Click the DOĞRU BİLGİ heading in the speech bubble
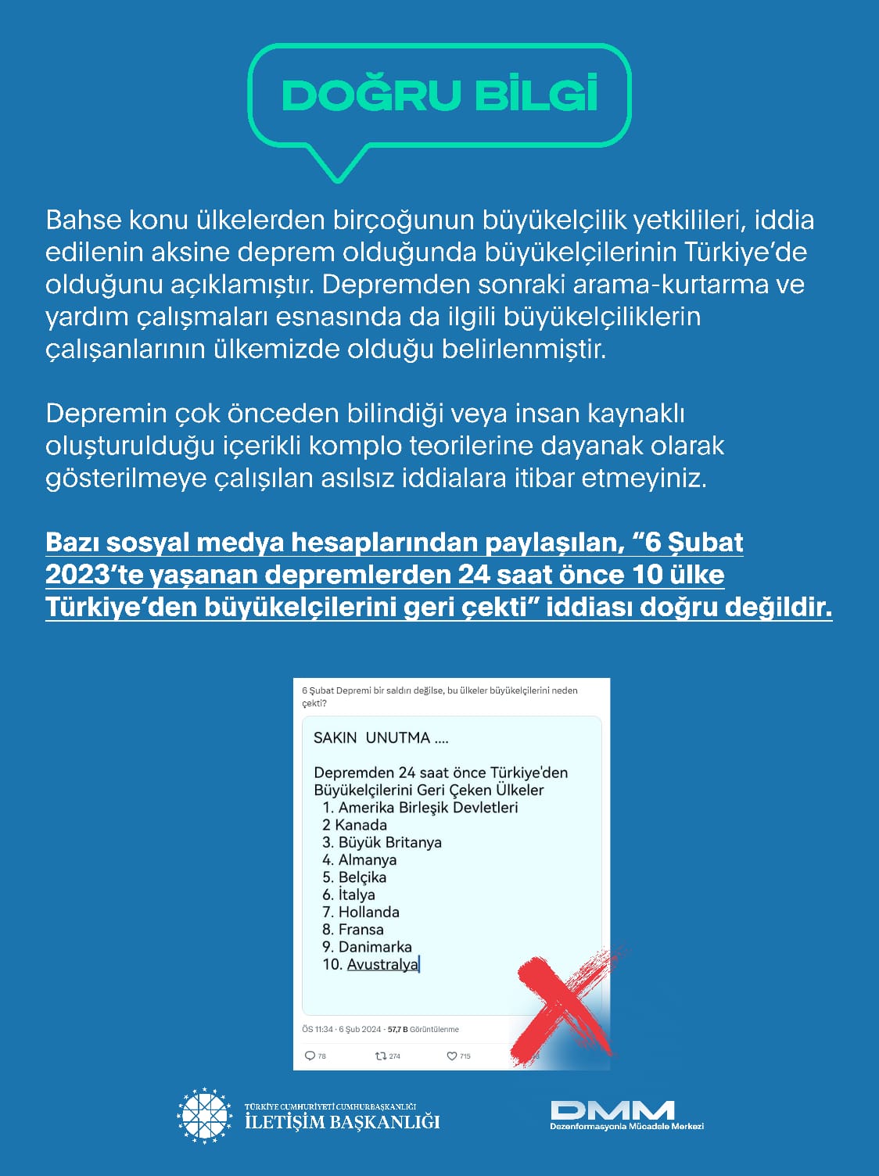[x=439, y=95]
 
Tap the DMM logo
[x=612, y=1110]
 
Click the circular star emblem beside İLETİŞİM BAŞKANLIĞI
[x=205, y=1116]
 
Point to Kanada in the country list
[x=360, y=825]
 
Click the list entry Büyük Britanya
[x=389, y=842]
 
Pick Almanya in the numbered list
[x=367, y=859]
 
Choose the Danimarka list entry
[x=375, y=947]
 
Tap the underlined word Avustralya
[x=382, y=964]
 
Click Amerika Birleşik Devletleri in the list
[x=428, y=807]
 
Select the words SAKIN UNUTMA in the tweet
[x=371, y=737]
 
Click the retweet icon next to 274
[x=381, y=1056]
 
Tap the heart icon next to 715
[x=451, y=1056]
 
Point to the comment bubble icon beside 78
[x=310, y=1056]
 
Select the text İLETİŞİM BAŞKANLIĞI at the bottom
[x=342, y=1122]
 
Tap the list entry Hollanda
[x=368, y=912]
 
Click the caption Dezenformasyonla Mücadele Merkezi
[x=627, y=1126]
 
